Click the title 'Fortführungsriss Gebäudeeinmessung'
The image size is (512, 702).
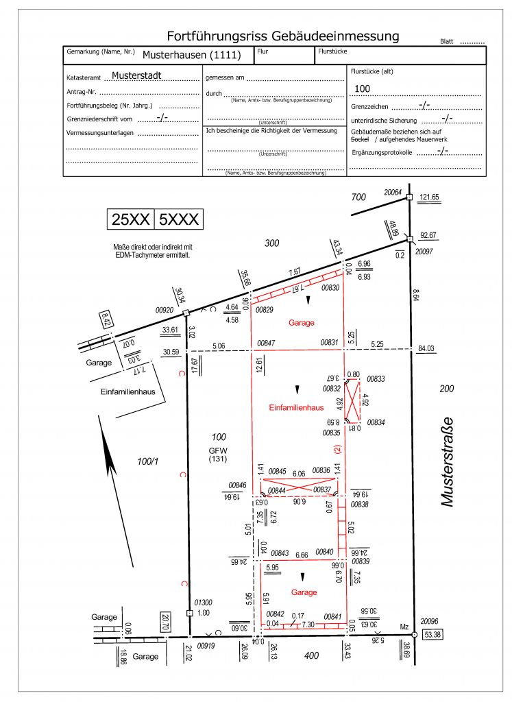point(282,36)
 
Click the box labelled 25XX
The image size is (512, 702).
point(130,219)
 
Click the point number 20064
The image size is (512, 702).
point(393,192)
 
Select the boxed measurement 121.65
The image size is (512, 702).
point(430,197)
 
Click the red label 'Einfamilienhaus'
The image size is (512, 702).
point(296,407)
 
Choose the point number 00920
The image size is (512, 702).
point(165,310)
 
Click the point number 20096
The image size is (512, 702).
point(429,620)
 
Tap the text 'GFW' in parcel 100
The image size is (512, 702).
point(219,450)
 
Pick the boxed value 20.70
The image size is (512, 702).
point(164,622)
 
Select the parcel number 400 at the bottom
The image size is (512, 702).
point(312,656)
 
